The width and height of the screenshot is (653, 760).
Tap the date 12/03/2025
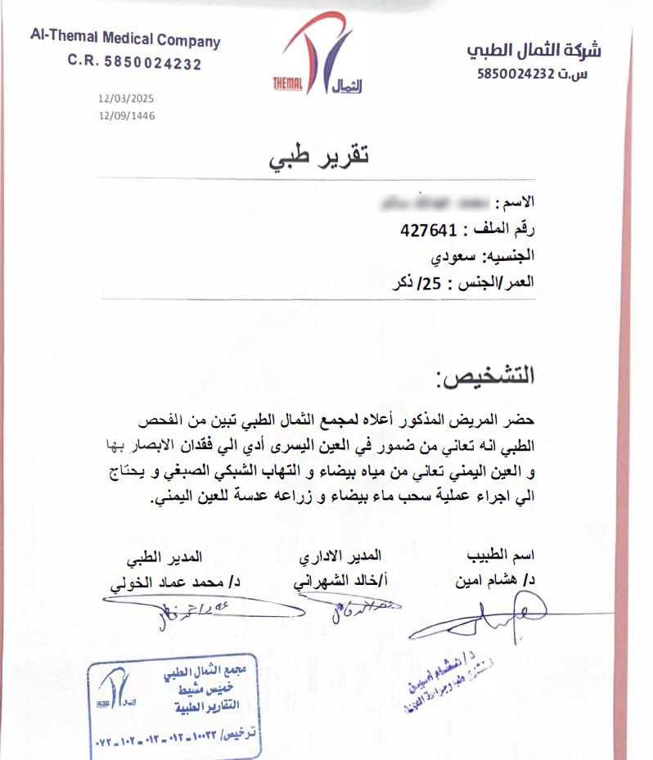126,99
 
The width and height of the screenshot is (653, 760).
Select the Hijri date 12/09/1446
126,115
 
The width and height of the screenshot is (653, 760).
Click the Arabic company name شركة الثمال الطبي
534,51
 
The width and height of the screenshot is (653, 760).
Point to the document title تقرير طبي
319,156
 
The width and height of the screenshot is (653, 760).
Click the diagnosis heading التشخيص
485,376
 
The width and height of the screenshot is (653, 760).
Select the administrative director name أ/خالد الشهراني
338,581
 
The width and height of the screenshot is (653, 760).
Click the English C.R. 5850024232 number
134,63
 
